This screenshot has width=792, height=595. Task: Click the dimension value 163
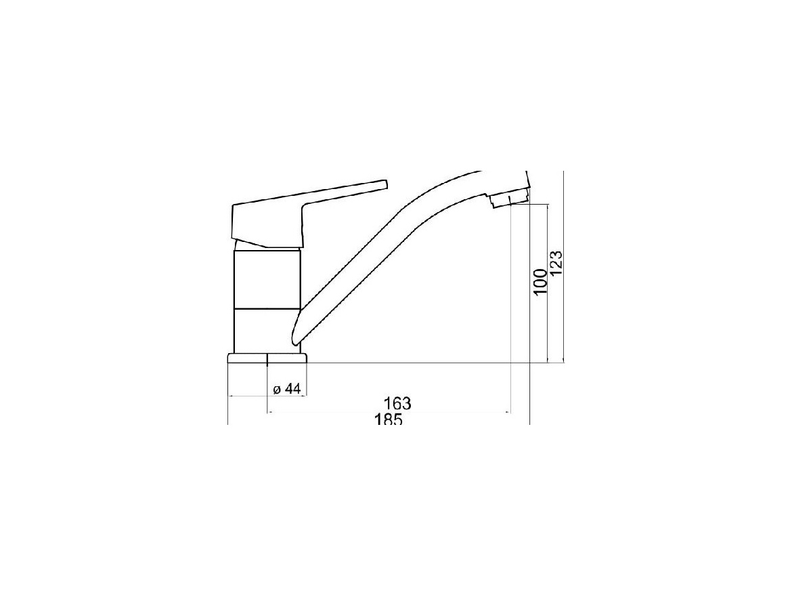[x=397, y=404]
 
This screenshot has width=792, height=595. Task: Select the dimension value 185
[x=388, y=419]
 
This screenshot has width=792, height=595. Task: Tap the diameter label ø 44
[x=286, y=389]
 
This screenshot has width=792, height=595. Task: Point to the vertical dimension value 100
[x=540, y=282]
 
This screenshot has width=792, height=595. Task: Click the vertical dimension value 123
[x=556, y=263]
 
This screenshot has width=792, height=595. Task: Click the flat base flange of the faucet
[x=267, y=358]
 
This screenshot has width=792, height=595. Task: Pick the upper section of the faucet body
[x=267, y=279]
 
